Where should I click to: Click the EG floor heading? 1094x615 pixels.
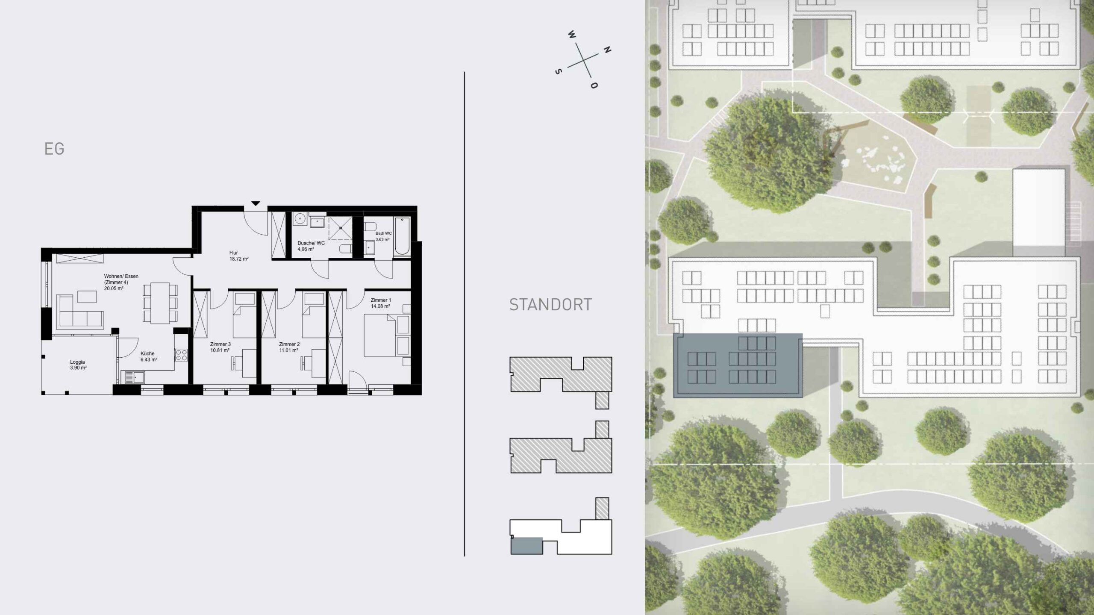(x=54, y=149)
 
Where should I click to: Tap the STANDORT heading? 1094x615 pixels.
(x=550, y=305)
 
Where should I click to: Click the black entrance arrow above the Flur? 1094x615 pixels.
(x=256, y=203)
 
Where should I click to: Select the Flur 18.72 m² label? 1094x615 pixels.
(x=239, y=256)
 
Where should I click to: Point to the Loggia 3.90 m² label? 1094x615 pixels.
(x=78, y=365)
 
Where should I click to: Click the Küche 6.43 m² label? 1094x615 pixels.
(x=149, y=356)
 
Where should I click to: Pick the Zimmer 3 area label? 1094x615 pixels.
(x=220, y=347)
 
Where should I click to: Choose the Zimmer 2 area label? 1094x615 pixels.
(x=289, y=347)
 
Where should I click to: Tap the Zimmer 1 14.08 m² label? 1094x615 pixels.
(x=380, y=303)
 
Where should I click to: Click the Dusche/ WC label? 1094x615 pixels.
(x=311, y=246)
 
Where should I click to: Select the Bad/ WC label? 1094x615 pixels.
(x=383, y=236)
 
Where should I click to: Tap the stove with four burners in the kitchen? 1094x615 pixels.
(x=181, y=355)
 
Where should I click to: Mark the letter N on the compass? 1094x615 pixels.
(x=607, y=50)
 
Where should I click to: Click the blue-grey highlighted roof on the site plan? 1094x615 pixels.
(x=738, y=365)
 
